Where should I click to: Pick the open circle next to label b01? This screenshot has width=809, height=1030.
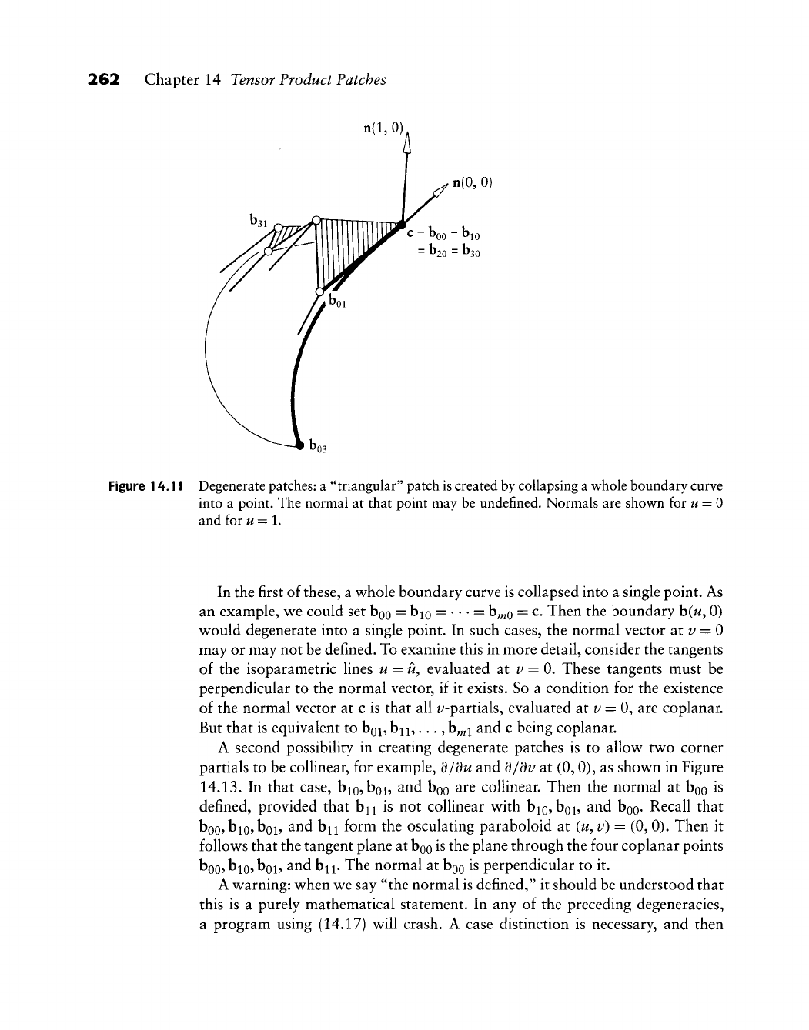click(x=320, y=292)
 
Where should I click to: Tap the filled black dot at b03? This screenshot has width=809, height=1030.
click(x=299, y=444)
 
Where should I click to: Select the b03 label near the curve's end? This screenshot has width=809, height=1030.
click(x=318, y=445)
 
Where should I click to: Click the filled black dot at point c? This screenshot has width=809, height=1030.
click(x=402, y=225)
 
